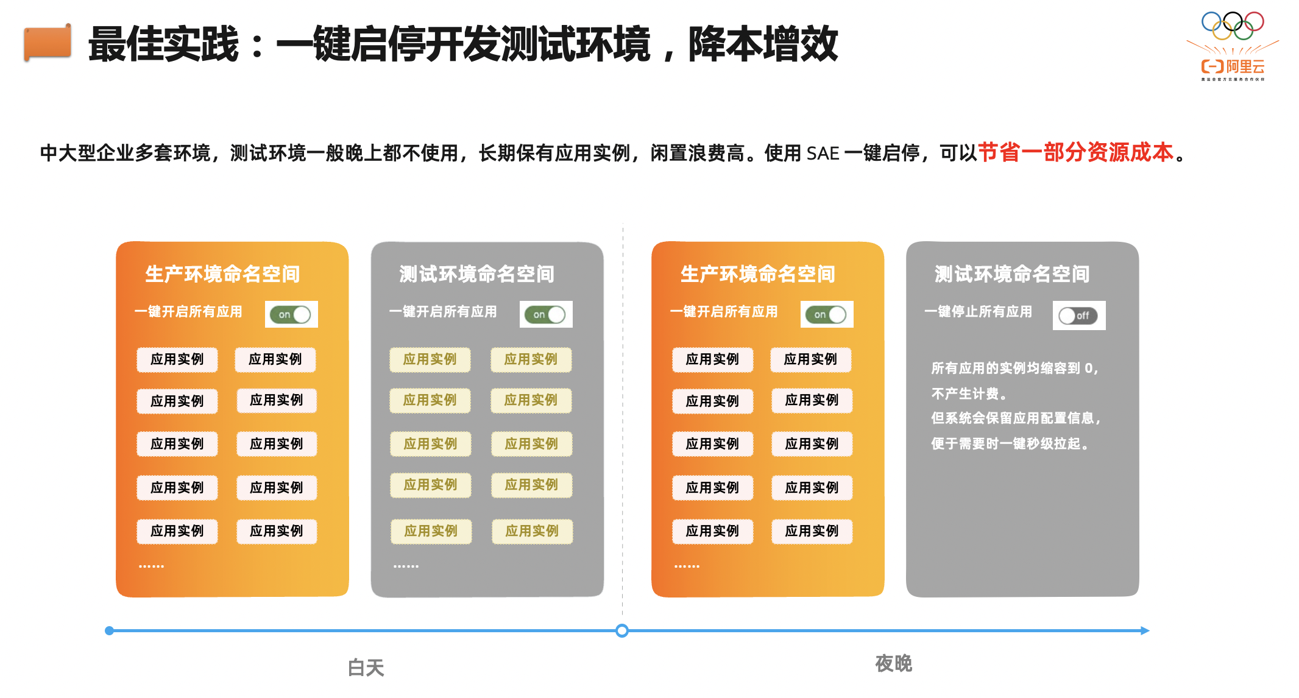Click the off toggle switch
coord(1078,316)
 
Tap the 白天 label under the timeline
coord(366,668)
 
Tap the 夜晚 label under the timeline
coord(893,663)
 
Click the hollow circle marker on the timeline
coord(621,630)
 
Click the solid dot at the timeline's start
coord(109,630)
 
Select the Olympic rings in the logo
coord(1233,26)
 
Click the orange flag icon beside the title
coord(48,43)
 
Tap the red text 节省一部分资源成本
coord(1075,152)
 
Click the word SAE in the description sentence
coord(823,153)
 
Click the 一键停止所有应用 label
coord(978,312)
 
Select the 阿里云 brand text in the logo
coord(1245,66)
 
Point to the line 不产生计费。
coord(969,394)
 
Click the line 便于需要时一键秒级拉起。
coord(1010,443)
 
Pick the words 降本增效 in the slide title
coord(763,44)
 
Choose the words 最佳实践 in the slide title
coord(163,44)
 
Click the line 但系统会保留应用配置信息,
coord(1016,418)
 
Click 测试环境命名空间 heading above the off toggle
coord(1012,274)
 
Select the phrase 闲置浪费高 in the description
coord(697,153)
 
